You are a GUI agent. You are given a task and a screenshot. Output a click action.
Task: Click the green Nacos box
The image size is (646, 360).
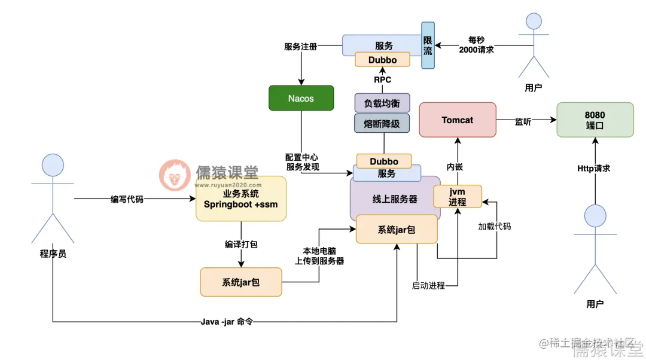click(301, 98)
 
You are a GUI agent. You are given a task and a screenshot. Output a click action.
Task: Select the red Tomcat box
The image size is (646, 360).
click(458, 120)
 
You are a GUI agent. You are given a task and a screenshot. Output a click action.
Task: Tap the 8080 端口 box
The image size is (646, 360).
click(595, 120)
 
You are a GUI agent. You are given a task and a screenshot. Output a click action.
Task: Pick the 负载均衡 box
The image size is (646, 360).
click(382, 103)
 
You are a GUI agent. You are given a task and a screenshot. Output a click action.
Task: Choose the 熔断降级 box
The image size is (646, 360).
click(382, 123)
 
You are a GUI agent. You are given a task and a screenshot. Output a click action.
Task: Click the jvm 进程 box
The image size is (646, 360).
click(458, 196)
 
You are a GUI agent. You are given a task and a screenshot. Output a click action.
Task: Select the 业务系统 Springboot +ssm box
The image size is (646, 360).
click(241, 199)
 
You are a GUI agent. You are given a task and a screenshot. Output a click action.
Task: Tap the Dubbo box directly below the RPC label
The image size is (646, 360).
click(383, 60)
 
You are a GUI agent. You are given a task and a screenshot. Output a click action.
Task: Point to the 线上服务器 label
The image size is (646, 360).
click(395, 199)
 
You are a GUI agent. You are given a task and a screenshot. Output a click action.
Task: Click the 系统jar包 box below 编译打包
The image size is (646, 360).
click(241, 282)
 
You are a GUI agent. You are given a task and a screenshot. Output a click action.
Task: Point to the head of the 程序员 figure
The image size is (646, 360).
click(52, 166)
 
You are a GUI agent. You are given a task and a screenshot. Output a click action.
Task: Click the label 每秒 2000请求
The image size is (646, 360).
click(476, 45)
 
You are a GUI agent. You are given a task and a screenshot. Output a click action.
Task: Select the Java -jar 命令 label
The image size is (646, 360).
click(227, 322)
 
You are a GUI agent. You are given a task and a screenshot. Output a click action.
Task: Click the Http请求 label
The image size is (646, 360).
click(593, 169)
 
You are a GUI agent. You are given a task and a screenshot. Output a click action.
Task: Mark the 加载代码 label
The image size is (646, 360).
click(494, 227)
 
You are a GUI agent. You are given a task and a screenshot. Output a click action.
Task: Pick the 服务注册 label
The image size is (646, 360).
click(300, 46)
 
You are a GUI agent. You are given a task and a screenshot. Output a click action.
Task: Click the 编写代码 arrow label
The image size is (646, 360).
click(127, 199)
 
